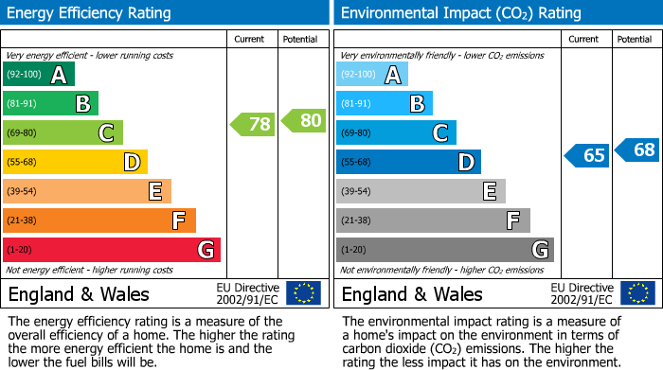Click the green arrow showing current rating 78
[x=252, y=124]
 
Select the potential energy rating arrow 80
[x=304, y=120]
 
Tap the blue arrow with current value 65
[x=586, y=155]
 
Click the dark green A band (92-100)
[x=39, y=75]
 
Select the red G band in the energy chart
[x=112, y=250]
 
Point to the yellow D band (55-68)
[x=75, y=162]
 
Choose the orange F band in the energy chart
[x=99, y=220]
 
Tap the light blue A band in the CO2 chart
[x=372, y=75]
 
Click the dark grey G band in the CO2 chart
[x=444, y=250]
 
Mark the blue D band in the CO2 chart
[x=408, y=162]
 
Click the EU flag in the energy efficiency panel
[x=303, y=293]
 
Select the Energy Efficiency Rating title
[x=90, y=13]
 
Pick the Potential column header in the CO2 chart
[x=635, y=39]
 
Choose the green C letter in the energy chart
[x=106, y=133]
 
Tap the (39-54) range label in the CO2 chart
[x=356, y=191]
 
